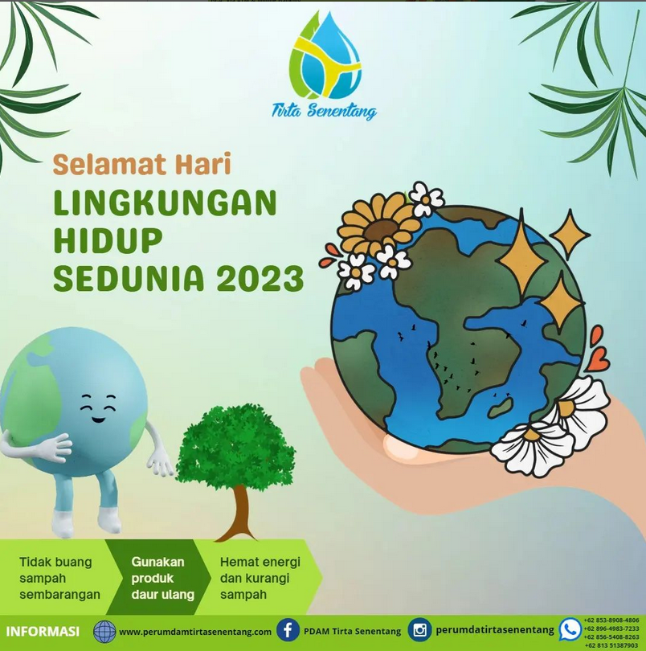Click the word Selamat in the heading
click(x=110, y=165)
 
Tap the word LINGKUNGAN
click(x=165, y=203)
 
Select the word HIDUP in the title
click(x=108, y=240)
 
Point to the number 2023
click(x=260, y=278)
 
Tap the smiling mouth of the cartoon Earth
click(x=98, y=419)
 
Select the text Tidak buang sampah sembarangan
click(x=59, y=578)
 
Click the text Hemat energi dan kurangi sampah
click(x=260, y=578)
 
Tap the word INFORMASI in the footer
click(x=43, y=632)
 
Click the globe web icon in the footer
click(x=104, y=632)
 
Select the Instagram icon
click(x=419, y=630)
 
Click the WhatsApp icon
click(x=570, y=629)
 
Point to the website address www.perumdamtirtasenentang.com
click(x=195, y=632)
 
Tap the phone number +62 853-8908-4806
click(x=611, y=620)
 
